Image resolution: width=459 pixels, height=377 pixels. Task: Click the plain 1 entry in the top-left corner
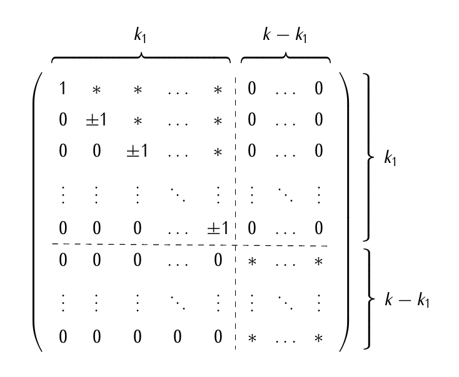click(63, 89)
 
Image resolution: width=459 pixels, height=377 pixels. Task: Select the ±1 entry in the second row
click(96, 119)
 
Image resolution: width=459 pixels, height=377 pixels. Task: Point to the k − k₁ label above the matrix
click(285, 36)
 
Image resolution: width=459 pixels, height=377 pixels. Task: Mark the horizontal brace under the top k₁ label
click(141, 58)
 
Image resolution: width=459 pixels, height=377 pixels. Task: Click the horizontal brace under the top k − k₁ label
click(286, 58)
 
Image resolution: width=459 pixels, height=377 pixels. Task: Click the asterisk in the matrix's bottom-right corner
click(319, 338)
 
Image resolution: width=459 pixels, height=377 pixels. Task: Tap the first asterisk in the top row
click(96, 89)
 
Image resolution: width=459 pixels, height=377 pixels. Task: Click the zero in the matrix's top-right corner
click(319, 89)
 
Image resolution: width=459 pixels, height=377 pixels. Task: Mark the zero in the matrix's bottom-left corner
click(63, 338)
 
